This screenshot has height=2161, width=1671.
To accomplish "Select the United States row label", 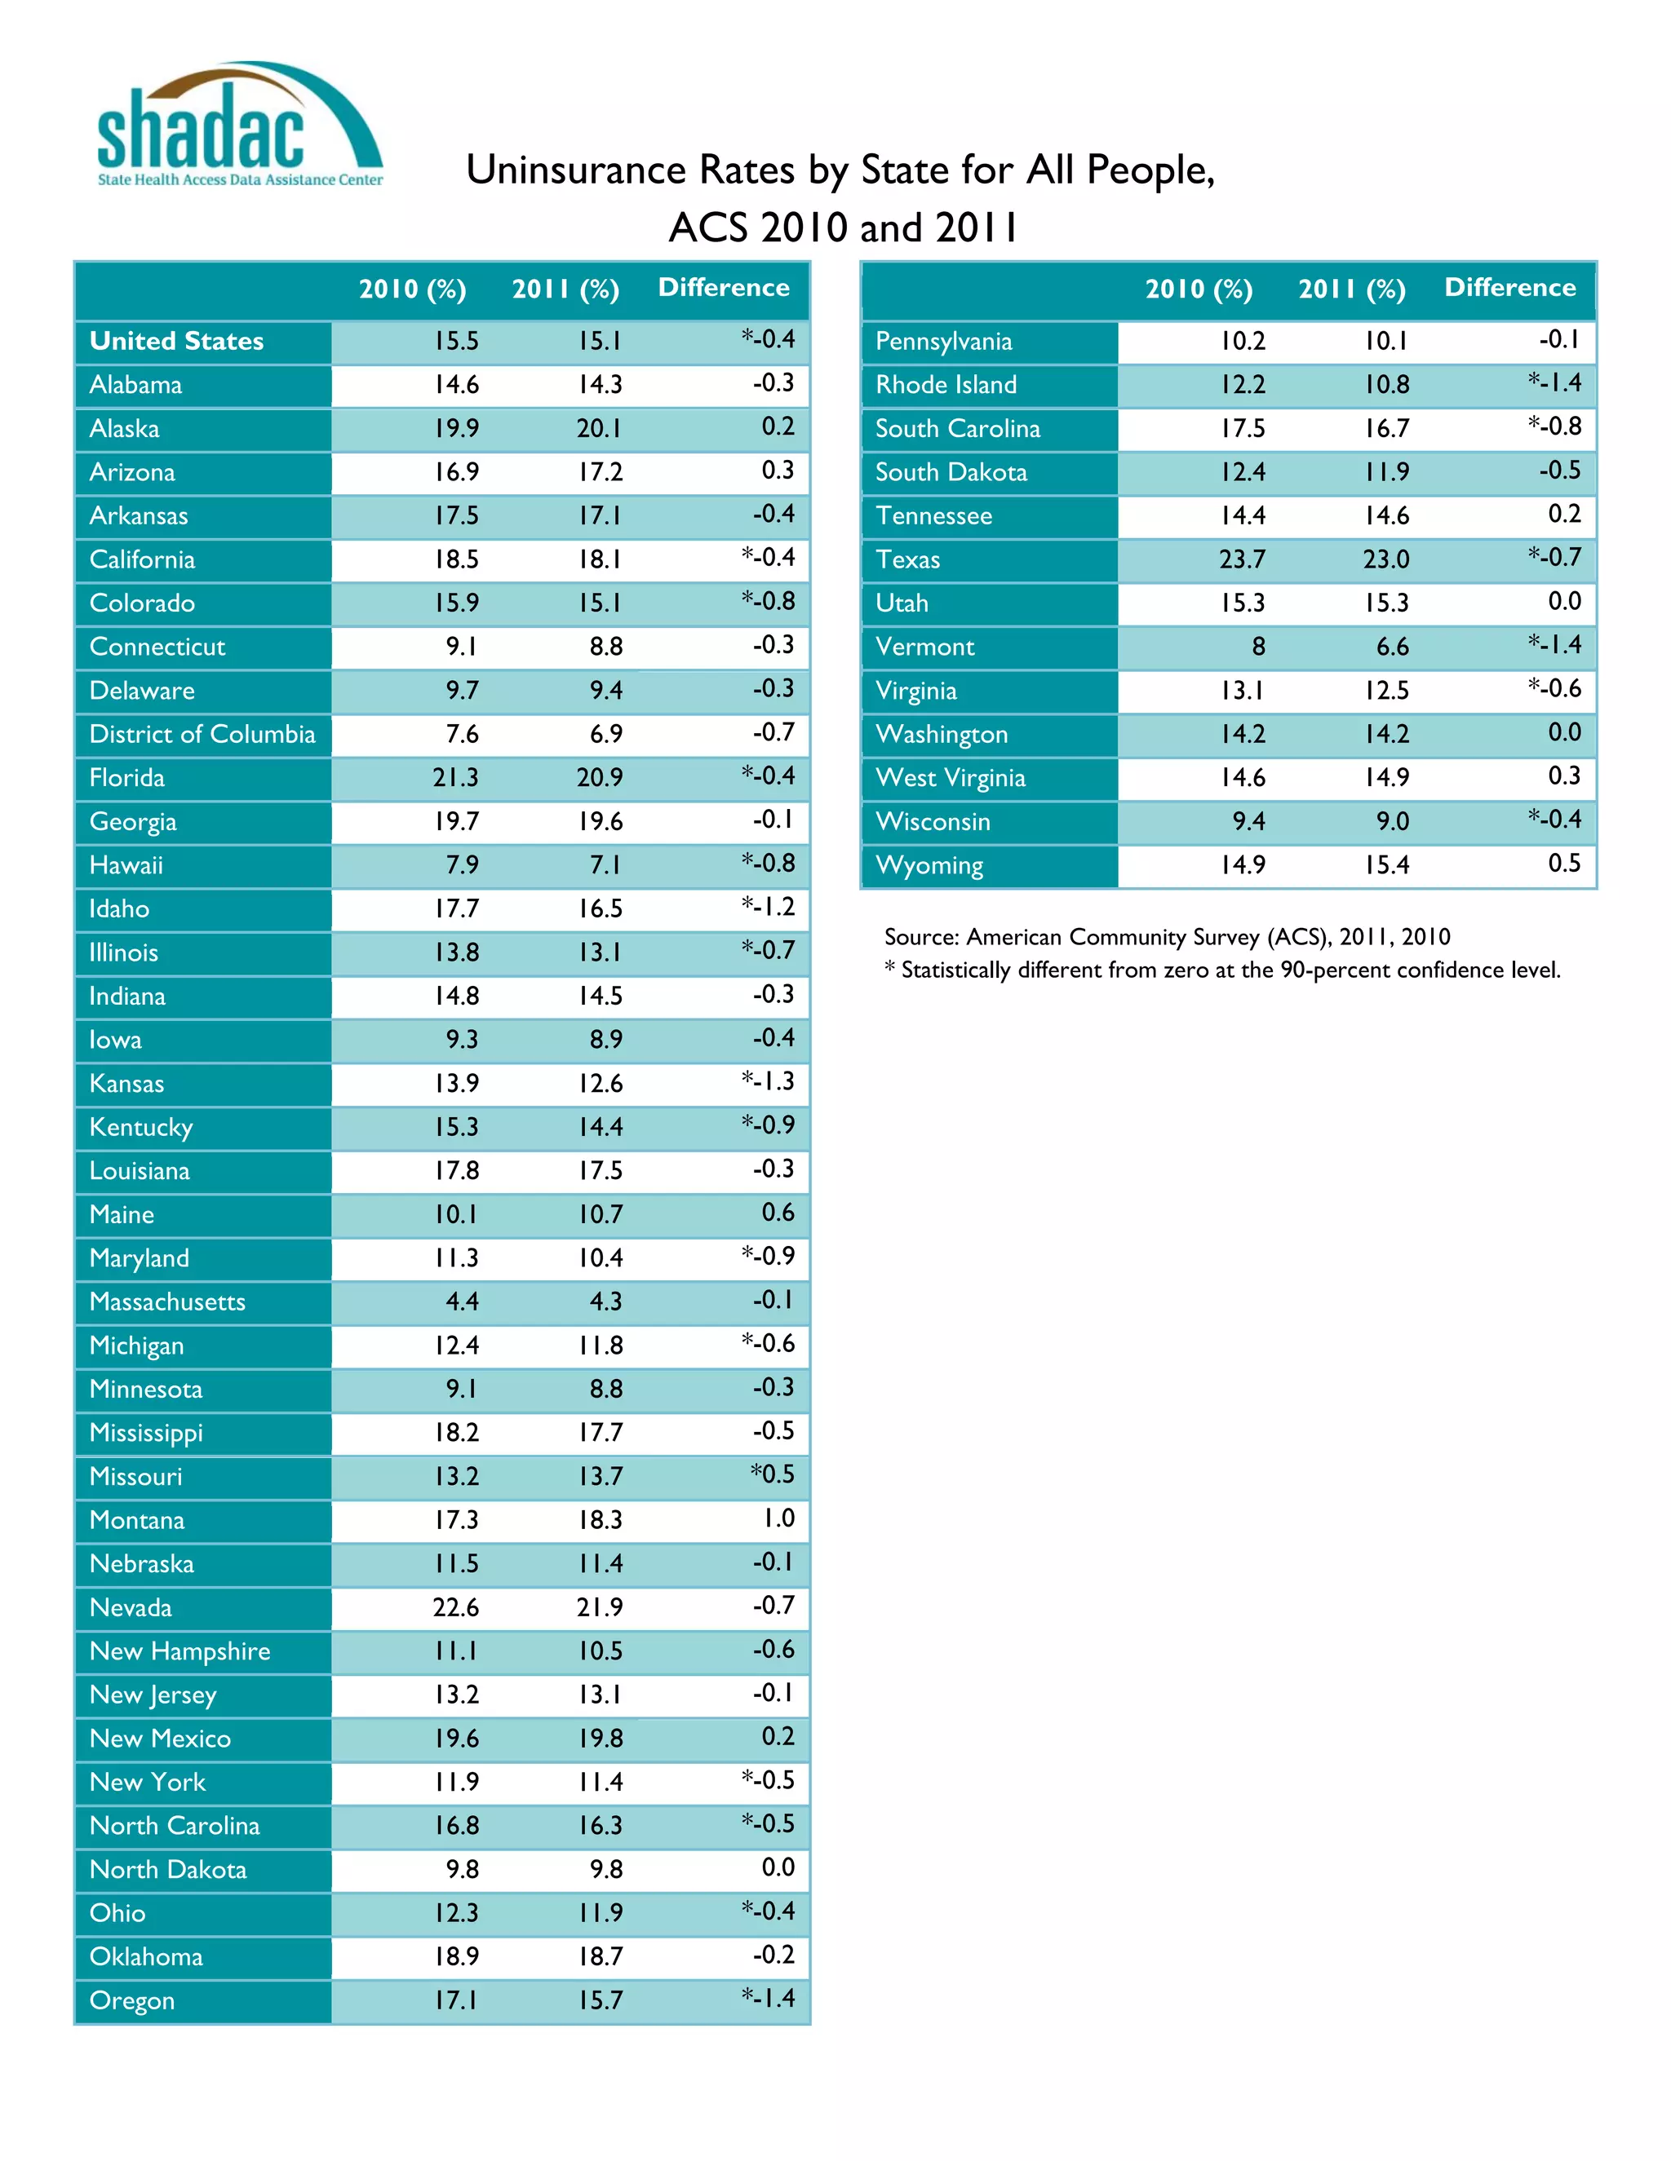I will (x=176, y=342).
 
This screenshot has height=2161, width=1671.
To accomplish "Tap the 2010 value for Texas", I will (x=1241, y=560).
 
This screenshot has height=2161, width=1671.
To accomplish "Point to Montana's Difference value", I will (x=778, y=1518).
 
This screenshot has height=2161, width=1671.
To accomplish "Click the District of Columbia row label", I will (x=202, y=734).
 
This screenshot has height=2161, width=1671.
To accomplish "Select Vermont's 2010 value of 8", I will (x=1257, y=647).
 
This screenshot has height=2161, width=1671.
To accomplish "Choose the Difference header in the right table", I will (x=1509, y=288).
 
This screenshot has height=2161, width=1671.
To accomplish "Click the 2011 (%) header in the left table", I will (x=565, y=289).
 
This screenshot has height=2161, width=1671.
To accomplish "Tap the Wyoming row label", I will (x=929, y=866).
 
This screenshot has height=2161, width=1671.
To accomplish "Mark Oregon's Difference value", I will (x=768, y=1998).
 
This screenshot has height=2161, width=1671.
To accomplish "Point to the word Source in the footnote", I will (x=920, y=937).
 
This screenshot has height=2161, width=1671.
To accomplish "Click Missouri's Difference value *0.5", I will (x=772, y=1474).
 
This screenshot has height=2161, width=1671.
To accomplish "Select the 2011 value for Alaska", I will (x=600, y=428).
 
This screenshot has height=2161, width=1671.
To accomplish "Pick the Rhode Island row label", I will (x=946, y=385).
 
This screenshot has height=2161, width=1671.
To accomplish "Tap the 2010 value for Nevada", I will (x=455, y=1607).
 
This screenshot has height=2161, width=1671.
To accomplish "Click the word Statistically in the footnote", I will (x=956, y=970).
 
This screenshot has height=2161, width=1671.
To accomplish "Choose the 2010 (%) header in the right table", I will (x=1198, y=289).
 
